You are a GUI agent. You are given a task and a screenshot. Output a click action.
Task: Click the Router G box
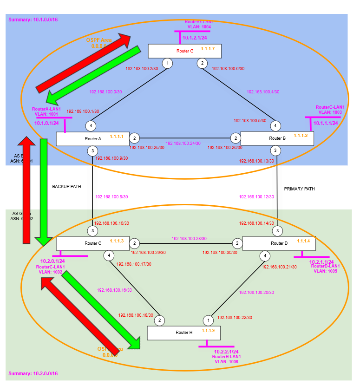[x=184, y=51]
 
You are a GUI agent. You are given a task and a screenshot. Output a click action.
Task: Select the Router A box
[x=92, y=138]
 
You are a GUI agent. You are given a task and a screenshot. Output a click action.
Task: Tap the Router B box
[x=277, y=138]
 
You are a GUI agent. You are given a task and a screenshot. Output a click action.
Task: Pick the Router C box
[x=92, y=243]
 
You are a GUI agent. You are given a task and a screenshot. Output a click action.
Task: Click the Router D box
[x=279, y=243]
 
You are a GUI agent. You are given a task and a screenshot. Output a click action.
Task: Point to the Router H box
[x=183, y=333]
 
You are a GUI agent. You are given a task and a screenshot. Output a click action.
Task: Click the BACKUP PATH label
[x=67, y=187]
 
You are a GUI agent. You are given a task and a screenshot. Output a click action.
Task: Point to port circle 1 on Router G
[x=168, y=63]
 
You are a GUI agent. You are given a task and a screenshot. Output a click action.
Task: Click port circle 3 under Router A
[x=92, y=150]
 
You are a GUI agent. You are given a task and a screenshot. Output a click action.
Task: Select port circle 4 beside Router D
[x=265, y=255]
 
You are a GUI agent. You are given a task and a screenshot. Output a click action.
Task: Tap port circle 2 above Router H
[x=159, y=320]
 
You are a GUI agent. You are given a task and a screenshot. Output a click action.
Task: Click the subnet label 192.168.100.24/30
[x=183, y=144]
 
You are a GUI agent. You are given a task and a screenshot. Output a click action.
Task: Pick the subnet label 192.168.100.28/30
[x=189, y=238]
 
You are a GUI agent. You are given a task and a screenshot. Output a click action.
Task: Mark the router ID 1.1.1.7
[x=208, y=48]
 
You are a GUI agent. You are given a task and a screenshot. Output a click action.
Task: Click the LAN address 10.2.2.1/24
[x=226, y=352]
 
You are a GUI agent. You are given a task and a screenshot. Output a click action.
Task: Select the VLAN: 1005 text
[x=325, y=271]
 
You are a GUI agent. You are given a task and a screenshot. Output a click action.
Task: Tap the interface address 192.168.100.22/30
[x=235, y=318]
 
